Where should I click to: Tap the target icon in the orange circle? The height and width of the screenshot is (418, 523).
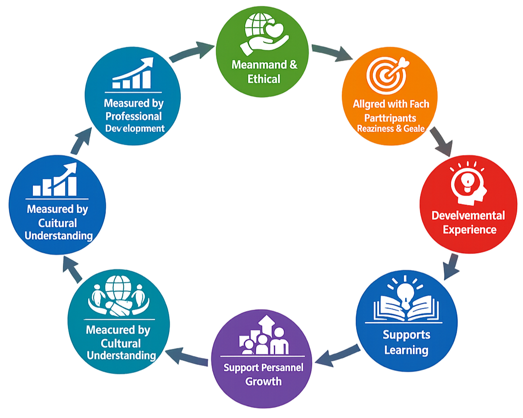387,74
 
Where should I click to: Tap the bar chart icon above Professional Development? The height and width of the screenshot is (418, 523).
132,74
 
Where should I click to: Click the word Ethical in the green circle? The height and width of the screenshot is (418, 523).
264,79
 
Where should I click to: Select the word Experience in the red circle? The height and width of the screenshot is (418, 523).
469,230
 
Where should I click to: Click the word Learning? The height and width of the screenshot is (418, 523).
406,350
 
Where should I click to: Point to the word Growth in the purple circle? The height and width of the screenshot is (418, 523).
264,382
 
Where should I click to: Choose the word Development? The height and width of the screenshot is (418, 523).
135,129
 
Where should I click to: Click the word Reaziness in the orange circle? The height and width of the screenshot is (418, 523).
374,129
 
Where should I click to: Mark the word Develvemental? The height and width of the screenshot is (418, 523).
468,215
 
